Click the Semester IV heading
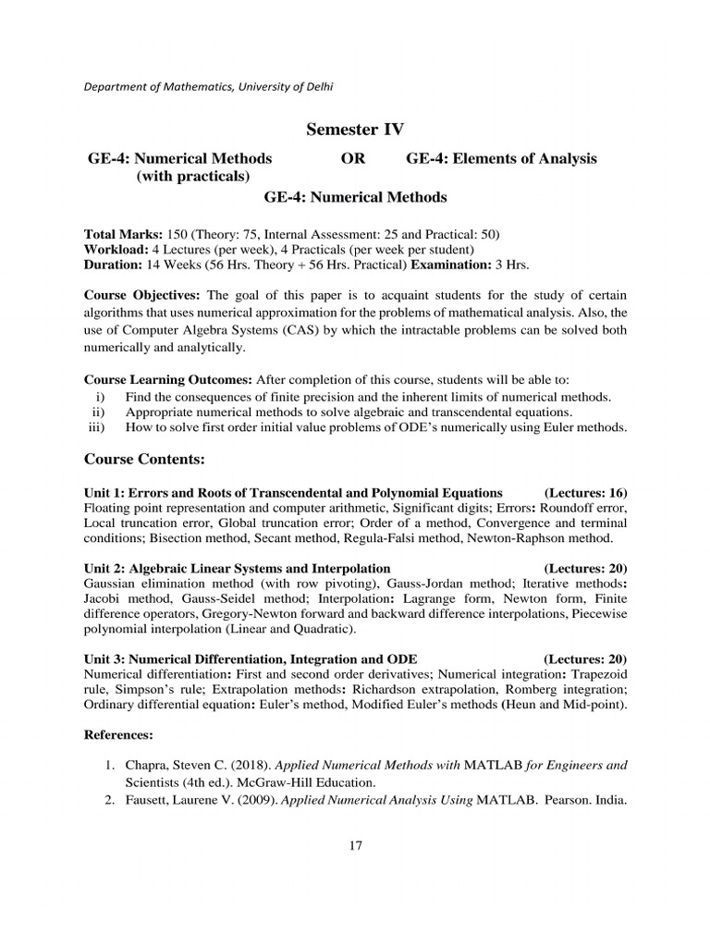pyautogui.click(x=355, y=129)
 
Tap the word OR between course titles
pyautogui.click(x=353, y=158)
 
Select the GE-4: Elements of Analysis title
pyautogui.click(x=501, y=158)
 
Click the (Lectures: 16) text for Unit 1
pyautogui.click(x=585, y=492)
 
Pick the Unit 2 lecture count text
pyautogui.click(x=585, y=567)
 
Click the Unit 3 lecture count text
pyautogui.click(x=585, y=658)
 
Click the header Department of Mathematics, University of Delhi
pyautogui.click(x=209, y=87)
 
